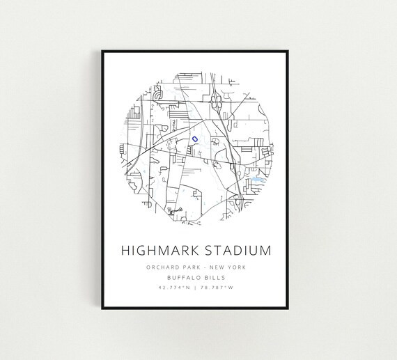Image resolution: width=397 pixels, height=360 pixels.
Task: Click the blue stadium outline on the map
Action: (x=196, y=139)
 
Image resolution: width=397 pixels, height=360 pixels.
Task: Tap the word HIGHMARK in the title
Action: (x=159, y=249)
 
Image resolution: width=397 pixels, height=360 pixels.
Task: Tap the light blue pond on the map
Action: (x=255, y=179)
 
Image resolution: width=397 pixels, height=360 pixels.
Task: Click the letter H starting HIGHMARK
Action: (x=125, y=249)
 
